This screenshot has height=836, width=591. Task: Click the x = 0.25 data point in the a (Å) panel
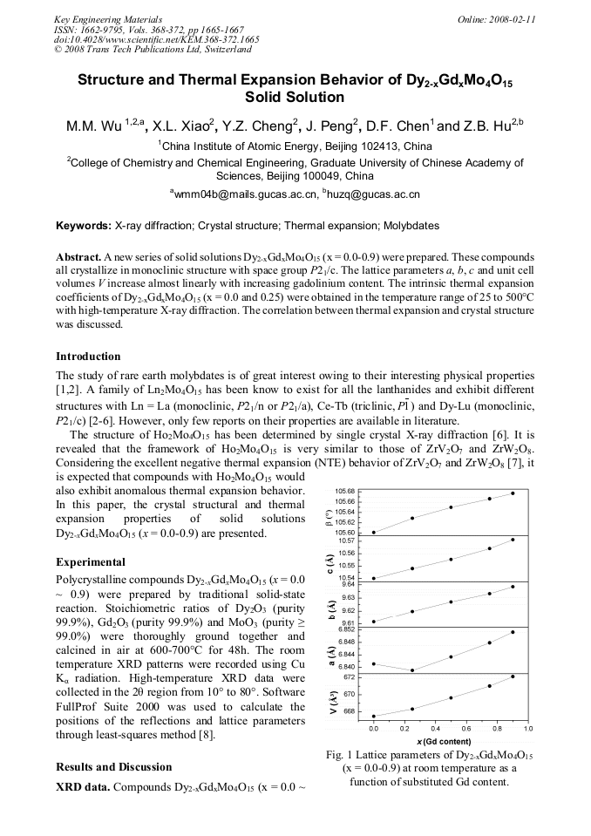coord(412,670)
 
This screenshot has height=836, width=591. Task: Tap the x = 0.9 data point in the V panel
coord(513,676)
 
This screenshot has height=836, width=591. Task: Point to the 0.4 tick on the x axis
coord(451,728)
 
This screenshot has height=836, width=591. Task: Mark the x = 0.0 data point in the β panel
coord(374,532)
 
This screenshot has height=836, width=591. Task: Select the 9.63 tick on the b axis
coord(348,597)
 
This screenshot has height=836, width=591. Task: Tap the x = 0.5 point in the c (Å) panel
coord(451,560)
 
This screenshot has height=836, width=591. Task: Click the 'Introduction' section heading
coord(88,357)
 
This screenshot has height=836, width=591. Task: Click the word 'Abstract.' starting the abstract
coord(78,258)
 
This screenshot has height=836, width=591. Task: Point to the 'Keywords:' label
coord(84,226)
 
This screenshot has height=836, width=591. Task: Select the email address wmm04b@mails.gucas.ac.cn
coord(247,194)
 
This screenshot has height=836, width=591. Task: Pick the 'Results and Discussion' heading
coord(113,767)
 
